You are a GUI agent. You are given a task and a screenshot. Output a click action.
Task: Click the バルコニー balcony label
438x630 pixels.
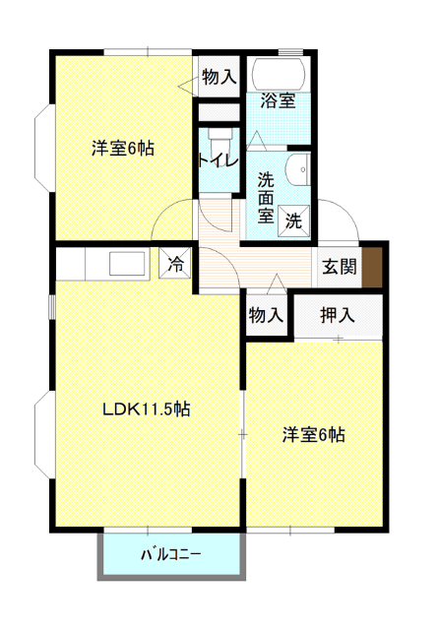[171, 555]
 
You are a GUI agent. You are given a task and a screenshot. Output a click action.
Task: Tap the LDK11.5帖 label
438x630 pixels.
[147, 409]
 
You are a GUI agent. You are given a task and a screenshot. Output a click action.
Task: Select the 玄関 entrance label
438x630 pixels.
[340, 267]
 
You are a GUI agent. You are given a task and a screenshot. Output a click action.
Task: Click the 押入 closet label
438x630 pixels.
[338, 315]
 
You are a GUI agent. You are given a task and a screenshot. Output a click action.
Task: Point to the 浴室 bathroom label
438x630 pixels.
[279, 100]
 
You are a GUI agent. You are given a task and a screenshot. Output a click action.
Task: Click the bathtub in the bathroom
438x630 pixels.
[279, 75]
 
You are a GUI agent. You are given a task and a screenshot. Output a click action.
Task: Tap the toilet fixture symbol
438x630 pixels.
[219, 140]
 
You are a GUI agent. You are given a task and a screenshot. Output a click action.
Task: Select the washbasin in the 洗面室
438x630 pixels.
[298, 169]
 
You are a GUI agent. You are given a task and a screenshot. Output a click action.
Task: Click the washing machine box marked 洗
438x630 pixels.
[293, 220]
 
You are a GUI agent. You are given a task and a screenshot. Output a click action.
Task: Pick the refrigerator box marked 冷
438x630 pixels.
[175, 263]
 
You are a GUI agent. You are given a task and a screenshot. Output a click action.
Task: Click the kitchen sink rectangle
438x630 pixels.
[127, 264]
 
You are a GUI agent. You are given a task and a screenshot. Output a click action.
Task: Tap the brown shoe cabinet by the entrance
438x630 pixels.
[372, 267]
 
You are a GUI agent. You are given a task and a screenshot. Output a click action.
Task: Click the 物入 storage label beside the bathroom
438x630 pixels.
[219, 77]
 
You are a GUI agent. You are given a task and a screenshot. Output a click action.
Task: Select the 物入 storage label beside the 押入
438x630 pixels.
[266, 315]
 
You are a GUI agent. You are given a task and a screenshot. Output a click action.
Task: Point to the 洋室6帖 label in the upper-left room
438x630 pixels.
[123, 149]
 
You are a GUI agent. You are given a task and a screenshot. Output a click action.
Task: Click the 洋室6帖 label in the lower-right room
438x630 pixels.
[313, 435]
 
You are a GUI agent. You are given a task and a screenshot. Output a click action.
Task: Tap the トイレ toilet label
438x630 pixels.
[219, 161]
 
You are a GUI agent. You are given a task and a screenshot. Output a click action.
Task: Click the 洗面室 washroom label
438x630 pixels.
[266, 198]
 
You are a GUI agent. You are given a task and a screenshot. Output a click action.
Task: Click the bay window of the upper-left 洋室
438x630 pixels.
[43, 149]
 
